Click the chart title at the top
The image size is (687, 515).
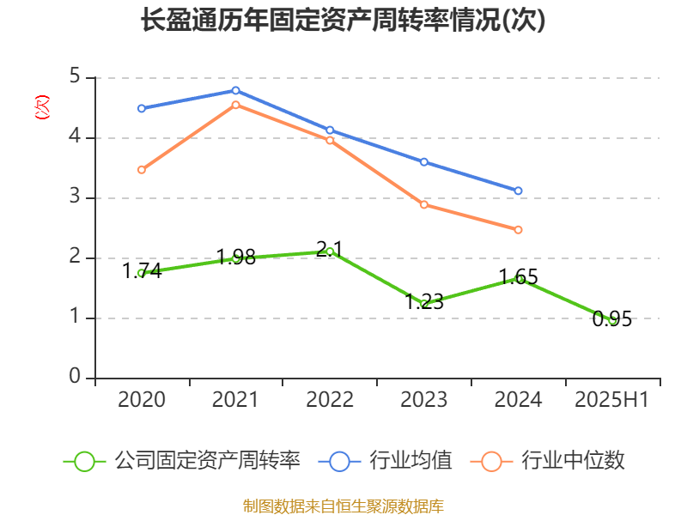343,21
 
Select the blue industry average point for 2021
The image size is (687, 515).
235,90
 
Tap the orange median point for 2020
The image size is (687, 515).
141,170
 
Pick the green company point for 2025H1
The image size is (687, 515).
612,320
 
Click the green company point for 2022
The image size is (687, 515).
330,251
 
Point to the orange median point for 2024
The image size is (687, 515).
518,230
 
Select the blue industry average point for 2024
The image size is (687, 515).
518,191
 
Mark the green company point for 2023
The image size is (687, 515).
424,304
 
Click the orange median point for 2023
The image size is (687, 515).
424,204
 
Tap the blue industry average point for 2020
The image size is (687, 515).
141,108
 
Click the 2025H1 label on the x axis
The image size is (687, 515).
612,400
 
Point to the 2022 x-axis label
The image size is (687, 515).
330,400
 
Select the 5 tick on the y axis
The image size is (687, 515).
75,77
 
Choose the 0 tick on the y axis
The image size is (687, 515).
75,378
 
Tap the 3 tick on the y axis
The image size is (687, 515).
75,197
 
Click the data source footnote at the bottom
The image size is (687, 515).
343,506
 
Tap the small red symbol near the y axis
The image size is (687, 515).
41,107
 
